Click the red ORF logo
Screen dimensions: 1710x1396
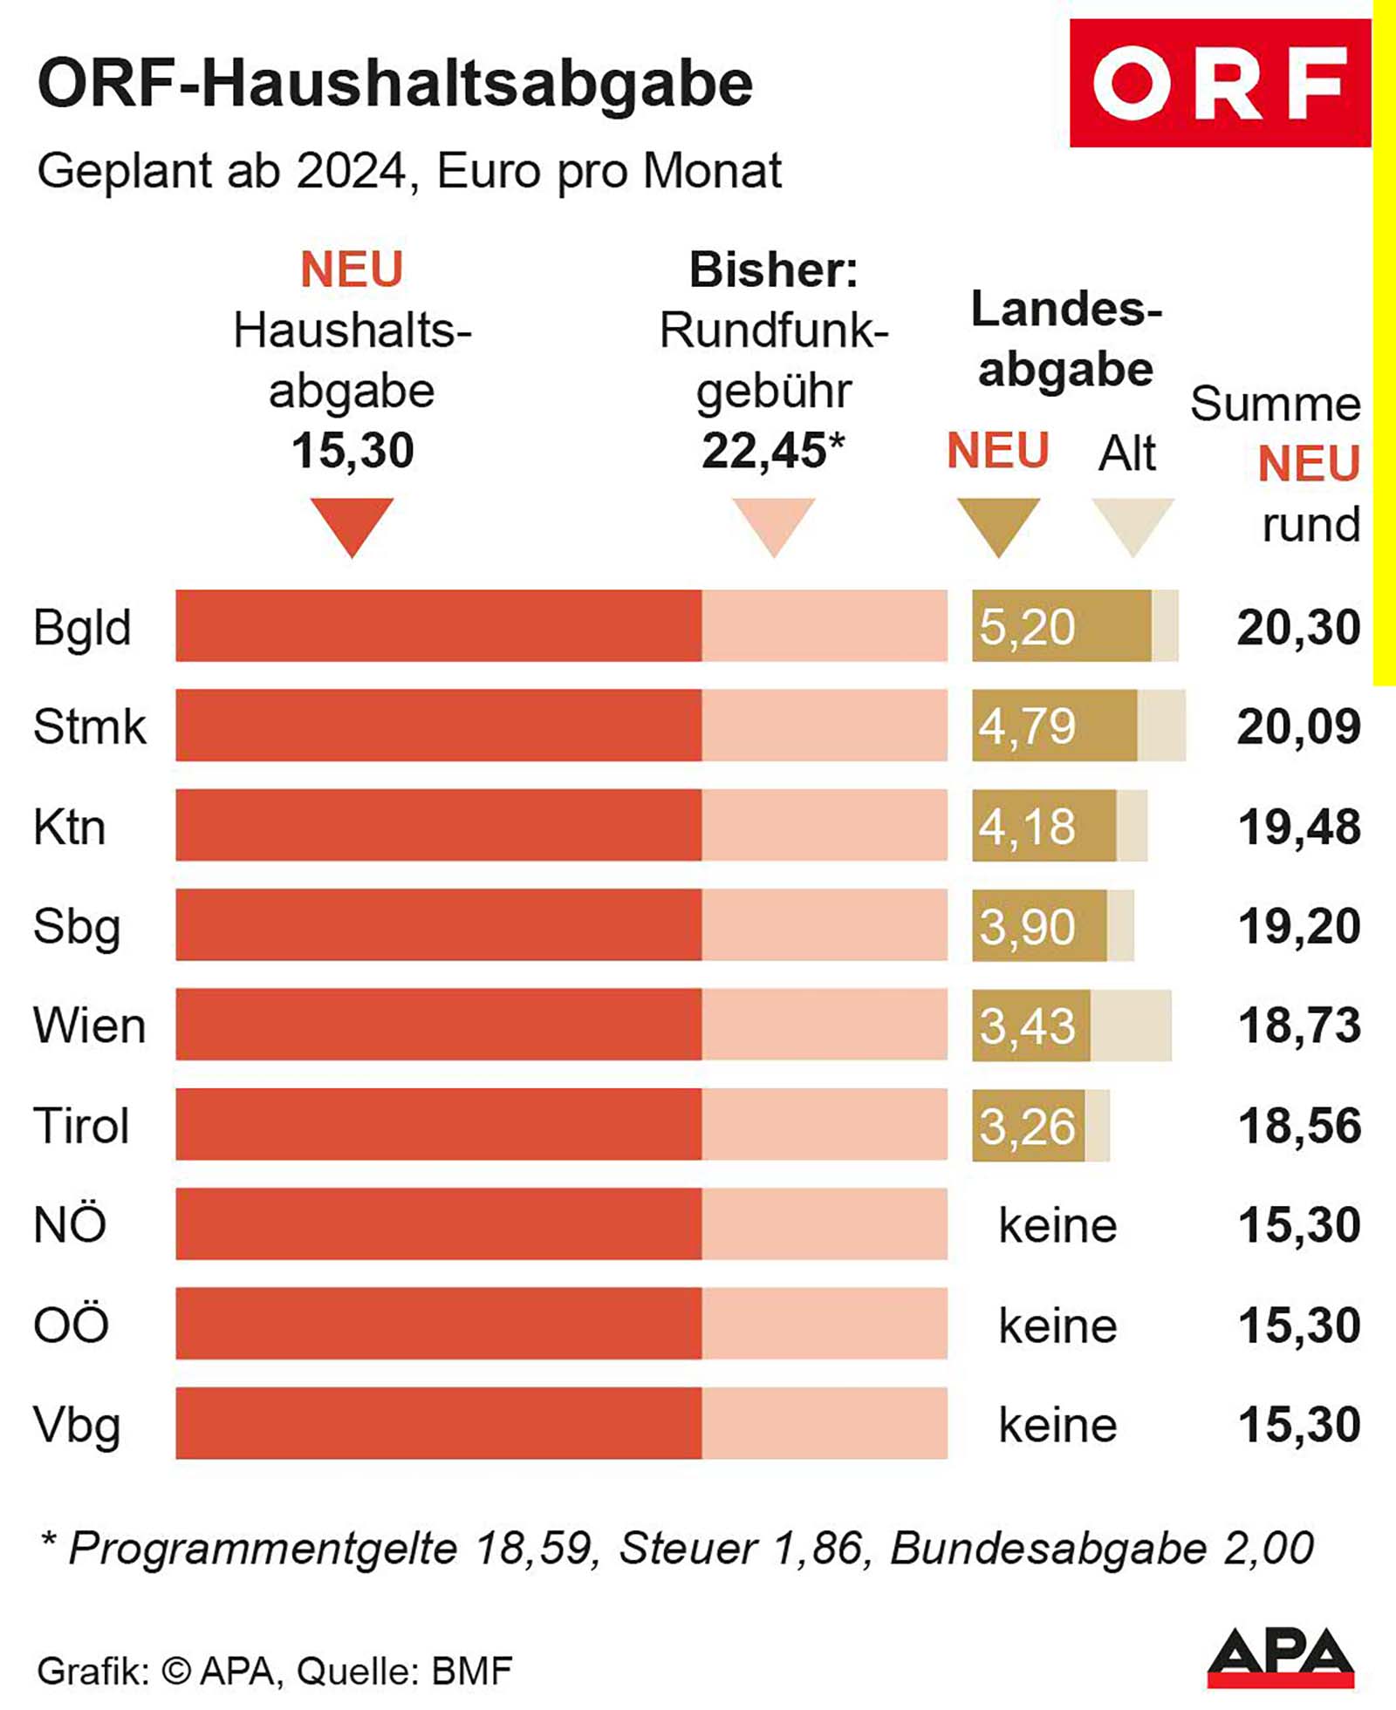tap(1220, 83)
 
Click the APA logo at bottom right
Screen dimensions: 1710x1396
tap(1280, 1657)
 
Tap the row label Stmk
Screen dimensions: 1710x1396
tap(89, 726)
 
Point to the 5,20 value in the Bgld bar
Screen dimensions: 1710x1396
tap(1027, 627)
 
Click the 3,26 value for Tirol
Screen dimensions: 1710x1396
tap(1027, 1126)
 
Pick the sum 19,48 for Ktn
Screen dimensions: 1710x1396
tap(1298, 827)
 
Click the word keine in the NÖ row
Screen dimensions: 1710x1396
tap(1057, 1225)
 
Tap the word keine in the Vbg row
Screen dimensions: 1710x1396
tap(1057, 1425)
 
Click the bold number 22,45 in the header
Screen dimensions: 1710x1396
tap(763, 451)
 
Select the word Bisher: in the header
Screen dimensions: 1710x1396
tap(773, 269)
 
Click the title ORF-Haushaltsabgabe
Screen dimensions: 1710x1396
tap(395, 85)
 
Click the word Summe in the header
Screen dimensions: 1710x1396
tap(1275, 405)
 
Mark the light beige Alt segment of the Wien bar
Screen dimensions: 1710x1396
tap(1131, 1025)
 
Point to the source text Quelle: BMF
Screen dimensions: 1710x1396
tap(404, 1671)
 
